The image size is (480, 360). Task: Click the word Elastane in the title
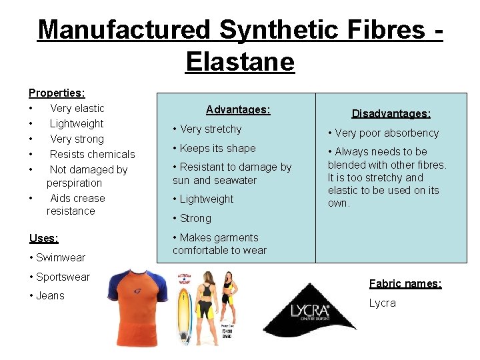coord(240,62)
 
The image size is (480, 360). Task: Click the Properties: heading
coord(57,93)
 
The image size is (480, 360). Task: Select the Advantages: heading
coord(238,109)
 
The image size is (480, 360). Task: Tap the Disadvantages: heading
coord(391,114)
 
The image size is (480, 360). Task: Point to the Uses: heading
coord(44,238)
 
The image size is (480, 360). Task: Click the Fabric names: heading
coord(405,283)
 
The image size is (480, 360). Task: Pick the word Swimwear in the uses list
coord(61,257)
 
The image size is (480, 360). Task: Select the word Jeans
coord(50,295)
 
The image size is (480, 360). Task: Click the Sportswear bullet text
coord(63,277)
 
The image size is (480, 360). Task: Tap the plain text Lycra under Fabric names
coord(382,303)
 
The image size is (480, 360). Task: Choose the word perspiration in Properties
coord(74,183)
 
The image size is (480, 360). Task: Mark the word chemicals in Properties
coord(110,154)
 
